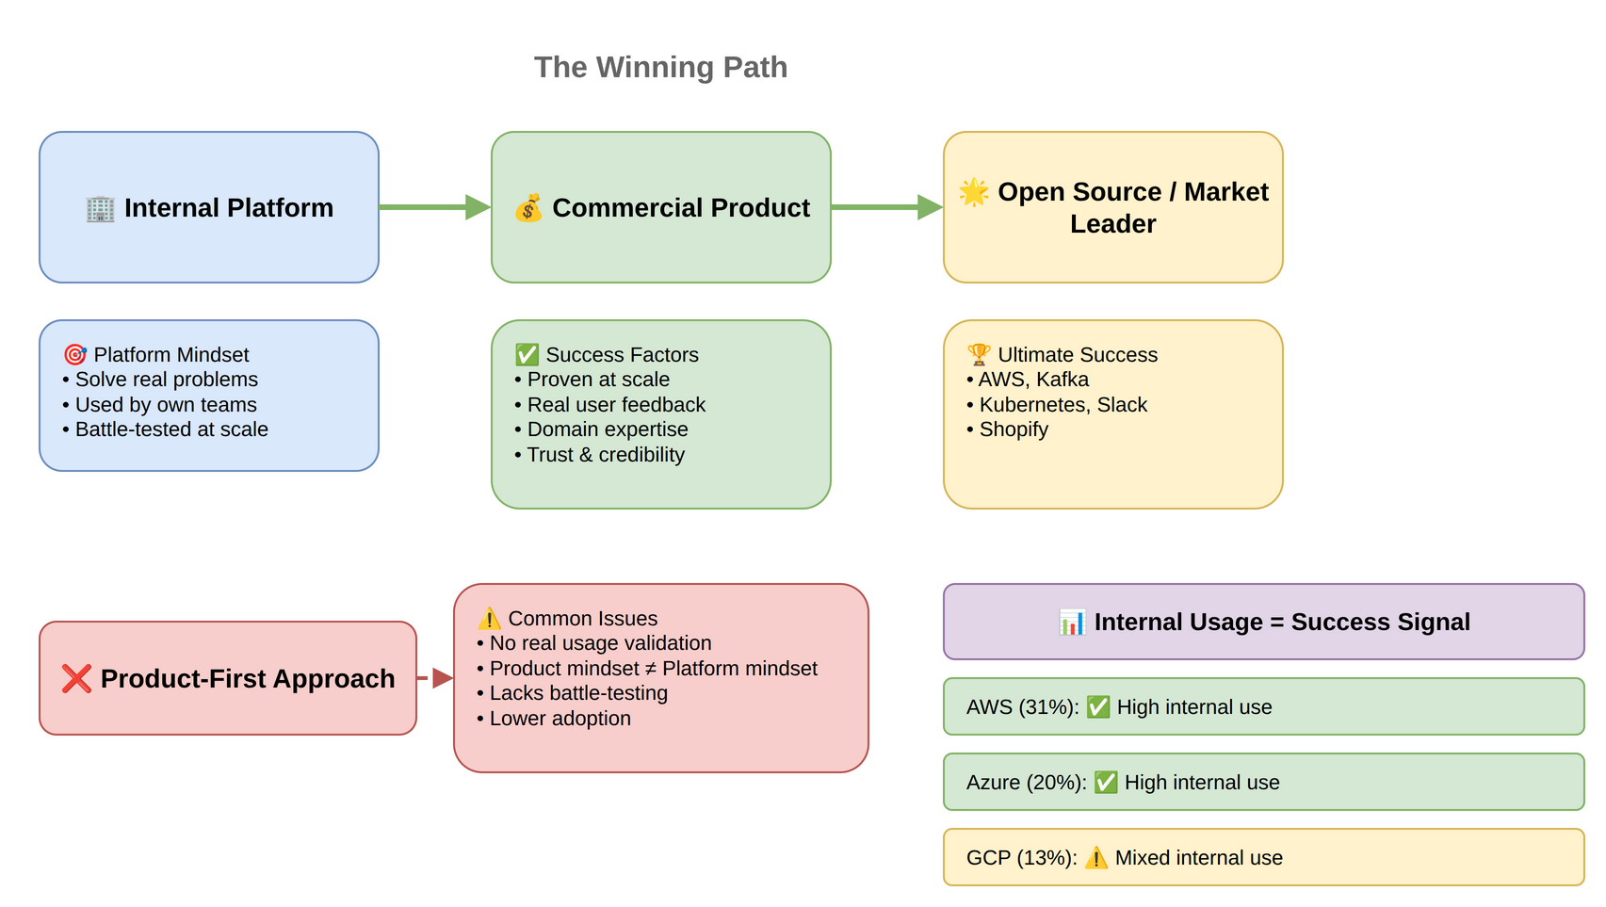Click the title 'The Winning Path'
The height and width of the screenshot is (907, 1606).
(660, 67)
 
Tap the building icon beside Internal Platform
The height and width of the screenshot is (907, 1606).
(100, 208)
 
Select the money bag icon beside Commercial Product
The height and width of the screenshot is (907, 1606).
(528, 208)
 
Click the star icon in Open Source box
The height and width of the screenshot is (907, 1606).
(974, 192)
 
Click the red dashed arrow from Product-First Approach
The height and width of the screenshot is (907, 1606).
(436, 678)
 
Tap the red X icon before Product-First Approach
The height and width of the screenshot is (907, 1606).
(76, 678)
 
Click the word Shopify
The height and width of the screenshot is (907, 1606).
(1014, 429)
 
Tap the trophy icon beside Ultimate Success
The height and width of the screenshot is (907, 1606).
(979, 355)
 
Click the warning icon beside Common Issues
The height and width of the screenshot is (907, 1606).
(489, 619)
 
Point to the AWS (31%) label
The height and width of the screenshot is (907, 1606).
(1022, 707)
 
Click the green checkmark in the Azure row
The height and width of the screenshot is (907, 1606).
(1106, 783)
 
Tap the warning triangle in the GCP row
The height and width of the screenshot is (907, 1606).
(1095, 858)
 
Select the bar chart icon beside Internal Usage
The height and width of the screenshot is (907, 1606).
(1072, 623)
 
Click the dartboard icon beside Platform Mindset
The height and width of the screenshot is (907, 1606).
(74, 355)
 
